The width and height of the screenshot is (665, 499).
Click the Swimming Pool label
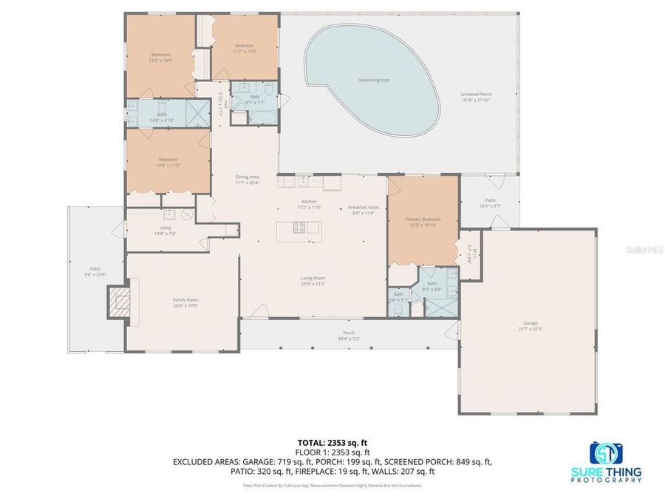click(373, 80)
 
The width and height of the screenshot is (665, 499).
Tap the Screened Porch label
click(476, 95)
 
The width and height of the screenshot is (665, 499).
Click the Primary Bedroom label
click(423, 220)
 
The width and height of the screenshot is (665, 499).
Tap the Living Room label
click(313, 279)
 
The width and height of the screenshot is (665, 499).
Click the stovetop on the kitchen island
click(300, 228)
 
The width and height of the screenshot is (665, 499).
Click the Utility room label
click(164, 230)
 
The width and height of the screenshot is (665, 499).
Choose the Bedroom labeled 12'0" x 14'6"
click(160, 55)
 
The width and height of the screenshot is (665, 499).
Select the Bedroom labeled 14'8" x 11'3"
click(168, 160)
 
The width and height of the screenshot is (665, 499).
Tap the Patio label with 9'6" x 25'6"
click(95, 270)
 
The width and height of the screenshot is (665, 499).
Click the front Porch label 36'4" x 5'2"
click(349, 334)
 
